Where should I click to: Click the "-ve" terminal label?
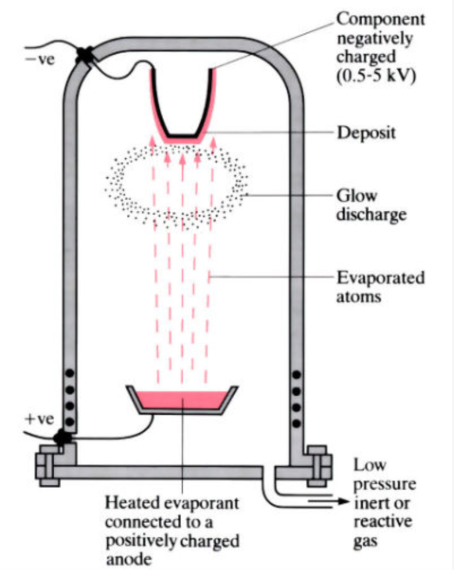(40, 60)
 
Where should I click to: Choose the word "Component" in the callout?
(381, 20)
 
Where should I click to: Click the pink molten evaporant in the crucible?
(181, 398)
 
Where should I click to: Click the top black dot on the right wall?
(297, 374)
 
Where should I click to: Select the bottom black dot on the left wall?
(70, 421)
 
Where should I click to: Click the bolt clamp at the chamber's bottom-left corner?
(45, 463)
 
